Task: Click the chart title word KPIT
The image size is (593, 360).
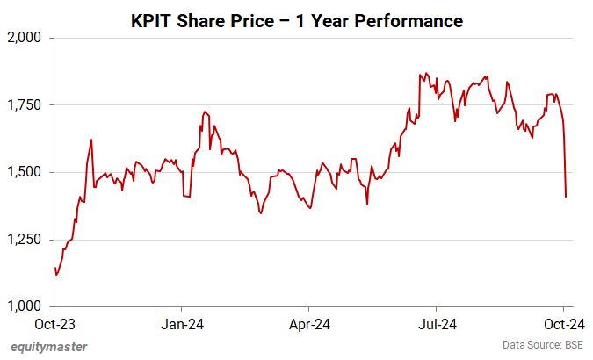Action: [154, 19]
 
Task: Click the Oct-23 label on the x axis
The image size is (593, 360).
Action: [54, 322]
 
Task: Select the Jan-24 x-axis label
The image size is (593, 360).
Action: [182, 322]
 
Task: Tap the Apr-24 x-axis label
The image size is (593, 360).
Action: [309, 322]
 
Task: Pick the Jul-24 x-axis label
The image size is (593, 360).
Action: [437, 322]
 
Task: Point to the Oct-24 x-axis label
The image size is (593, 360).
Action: [563, 322]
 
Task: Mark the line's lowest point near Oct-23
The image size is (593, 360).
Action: [56, 275]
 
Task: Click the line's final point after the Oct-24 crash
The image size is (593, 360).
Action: [566, 197]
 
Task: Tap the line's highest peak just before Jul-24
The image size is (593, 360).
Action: [426, 73]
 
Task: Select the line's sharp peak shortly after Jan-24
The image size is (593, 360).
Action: [204, 112]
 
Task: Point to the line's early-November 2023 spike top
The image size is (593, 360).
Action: [91, 140]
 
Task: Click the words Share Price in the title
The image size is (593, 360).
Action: [224, 19]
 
